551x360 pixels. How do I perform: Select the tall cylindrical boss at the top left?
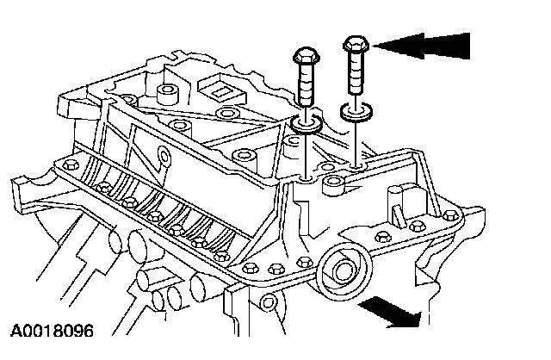click(x=167, y=93)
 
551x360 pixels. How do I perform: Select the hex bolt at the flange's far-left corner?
click(x=61, y=162)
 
